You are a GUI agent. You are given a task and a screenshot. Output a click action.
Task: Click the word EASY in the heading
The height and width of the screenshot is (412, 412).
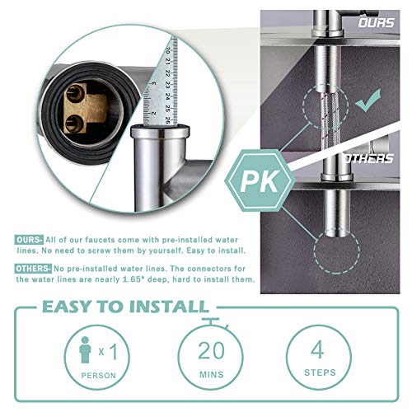[69, 307]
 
